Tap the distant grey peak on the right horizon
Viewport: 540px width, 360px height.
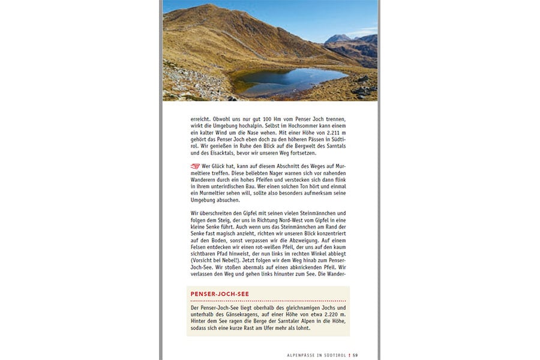click(338, 38)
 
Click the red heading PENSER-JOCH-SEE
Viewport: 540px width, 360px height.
click(220, 294)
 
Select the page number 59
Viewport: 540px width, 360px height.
click(355, 355)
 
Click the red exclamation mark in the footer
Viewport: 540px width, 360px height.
click(350, 355)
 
